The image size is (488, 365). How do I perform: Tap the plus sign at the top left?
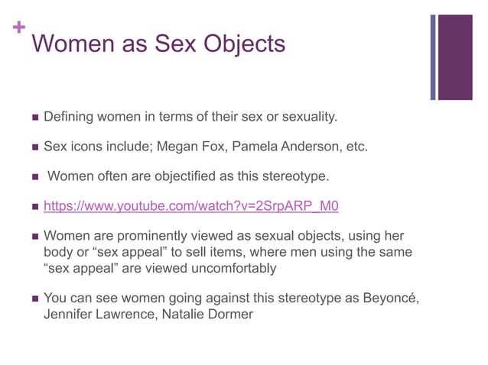tap(18, 28)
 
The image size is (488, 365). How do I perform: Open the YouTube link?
tap(190, 206)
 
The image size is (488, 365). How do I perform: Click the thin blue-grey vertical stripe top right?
tap(434, 57)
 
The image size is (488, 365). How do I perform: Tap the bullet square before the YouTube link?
tap(32, 207)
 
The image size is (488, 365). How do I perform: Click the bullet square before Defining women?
tap(32, 118)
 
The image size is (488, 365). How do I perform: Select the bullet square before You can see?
tap(32, 298)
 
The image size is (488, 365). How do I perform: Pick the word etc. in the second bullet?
tap(356, 146)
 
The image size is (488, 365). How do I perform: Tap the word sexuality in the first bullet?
tap(305, 117)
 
